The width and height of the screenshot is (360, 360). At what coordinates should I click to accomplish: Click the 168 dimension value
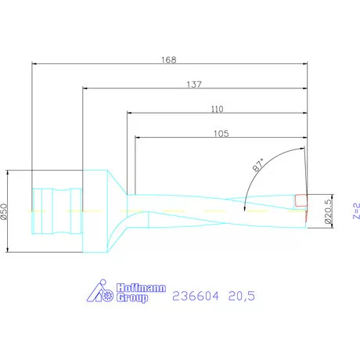coord(169,59)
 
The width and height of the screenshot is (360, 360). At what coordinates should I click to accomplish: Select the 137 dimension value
coord(194,85)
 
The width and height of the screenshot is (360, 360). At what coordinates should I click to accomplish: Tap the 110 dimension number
coord(217,109)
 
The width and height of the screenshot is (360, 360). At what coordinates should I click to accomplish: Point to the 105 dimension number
coord(221,134)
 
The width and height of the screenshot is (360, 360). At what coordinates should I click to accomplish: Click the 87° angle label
coord(258,165)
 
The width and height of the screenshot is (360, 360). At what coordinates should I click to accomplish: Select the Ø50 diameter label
coord(5,211)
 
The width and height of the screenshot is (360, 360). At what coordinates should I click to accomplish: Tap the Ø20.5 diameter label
coord(328,211)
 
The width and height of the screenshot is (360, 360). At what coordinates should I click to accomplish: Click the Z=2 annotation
coord(356,211)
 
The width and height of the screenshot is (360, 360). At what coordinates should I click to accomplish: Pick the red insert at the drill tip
coord(301,200)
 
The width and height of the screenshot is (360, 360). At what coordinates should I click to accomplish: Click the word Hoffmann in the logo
coord(141,288)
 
